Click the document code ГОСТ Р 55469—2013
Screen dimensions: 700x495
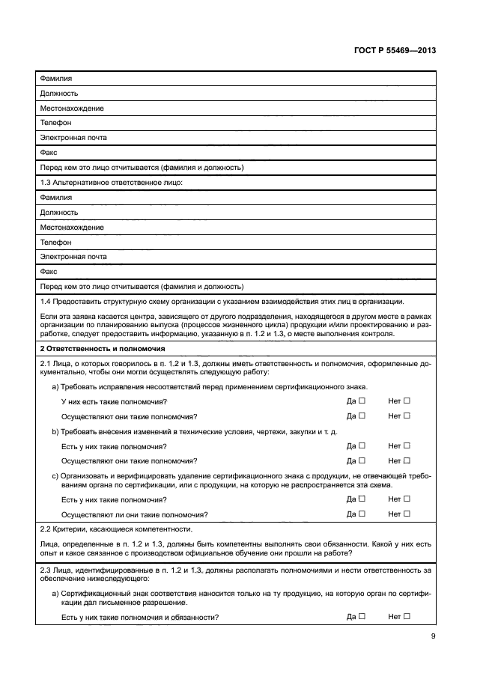(395, 50)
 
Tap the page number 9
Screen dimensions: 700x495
(433, 636)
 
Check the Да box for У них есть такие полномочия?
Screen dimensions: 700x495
(362, 401)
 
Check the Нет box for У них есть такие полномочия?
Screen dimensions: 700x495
(407, 401)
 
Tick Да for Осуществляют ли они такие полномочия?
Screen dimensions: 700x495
(362, 514)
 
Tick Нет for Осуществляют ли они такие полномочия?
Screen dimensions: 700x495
(407, 514)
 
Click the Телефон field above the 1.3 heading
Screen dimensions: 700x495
(56, 123)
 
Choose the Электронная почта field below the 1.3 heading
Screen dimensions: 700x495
(73, 257)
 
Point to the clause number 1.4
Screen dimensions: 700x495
(46, 302)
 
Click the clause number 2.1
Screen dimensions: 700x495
(45, 363)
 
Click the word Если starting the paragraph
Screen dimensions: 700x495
(47, 317)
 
